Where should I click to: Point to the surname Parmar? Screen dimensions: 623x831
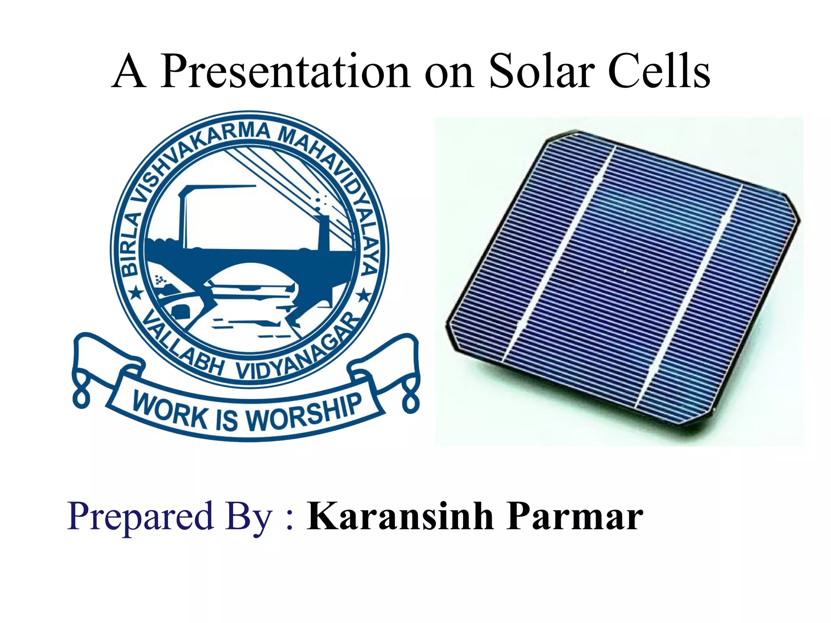tap(575, 517)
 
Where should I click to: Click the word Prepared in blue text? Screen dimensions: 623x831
tap(140, 517)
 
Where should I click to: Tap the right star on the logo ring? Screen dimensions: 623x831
tap(364, 295)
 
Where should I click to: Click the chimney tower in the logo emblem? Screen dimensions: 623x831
tap(324, 233)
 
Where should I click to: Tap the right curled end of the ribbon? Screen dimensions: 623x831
tap(411, 400)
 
